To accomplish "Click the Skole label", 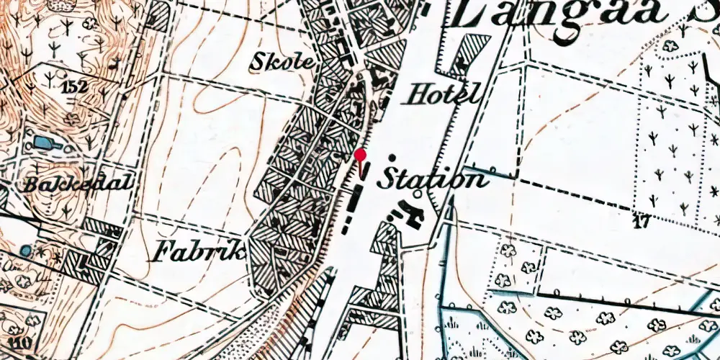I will coord(282,63).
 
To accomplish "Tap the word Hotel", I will coord(444,94).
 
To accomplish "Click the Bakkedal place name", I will coord(78,183).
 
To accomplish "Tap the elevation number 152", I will coord(75,88).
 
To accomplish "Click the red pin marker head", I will coord(361,154).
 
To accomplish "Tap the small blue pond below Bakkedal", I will coord(27,251).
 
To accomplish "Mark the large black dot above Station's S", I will coord(392,158).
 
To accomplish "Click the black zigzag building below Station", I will coord(407,212).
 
